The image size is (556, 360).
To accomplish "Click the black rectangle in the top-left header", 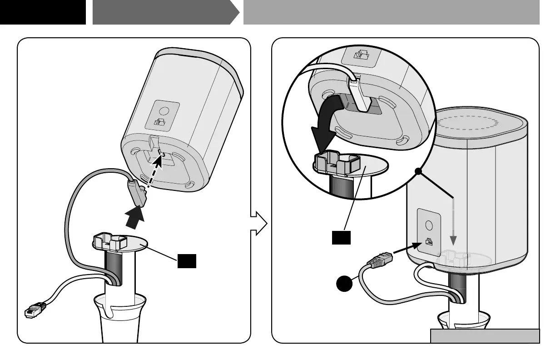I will point(43,12).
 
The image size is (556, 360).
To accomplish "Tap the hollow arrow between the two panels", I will point(259,223).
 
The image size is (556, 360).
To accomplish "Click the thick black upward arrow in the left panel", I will point(135,218).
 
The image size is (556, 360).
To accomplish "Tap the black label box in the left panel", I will point(187,261).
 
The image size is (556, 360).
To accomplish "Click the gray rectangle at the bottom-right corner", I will point(485,336).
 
